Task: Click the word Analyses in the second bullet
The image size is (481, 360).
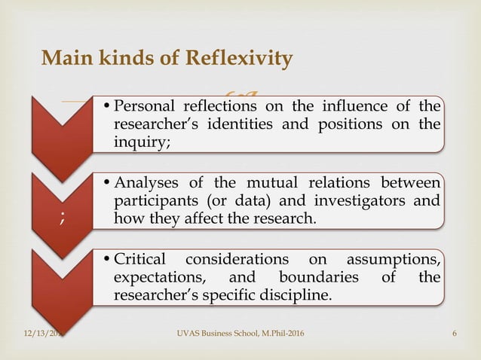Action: click(152, 185)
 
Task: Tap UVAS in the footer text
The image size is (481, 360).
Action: click(186, 333)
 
